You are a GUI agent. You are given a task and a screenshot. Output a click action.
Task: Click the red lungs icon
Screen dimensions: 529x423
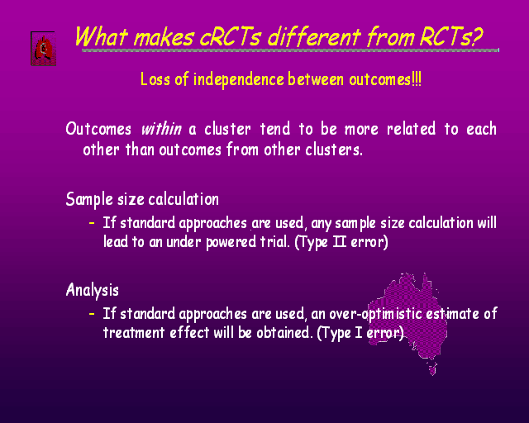(x=44, y=49)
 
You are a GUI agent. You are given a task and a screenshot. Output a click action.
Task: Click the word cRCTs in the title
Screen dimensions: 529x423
(x=230, y=36)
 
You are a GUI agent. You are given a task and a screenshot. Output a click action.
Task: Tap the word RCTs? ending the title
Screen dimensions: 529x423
(x=451, y=36)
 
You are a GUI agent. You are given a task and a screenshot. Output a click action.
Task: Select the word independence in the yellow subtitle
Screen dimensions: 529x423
(x=239, y=79)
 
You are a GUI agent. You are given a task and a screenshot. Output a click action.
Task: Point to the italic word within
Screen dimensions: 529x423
(x=161, y=129)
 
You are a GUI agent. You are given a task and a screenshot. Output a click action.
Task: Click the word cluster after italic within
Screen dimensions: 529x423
(x=227, y=129)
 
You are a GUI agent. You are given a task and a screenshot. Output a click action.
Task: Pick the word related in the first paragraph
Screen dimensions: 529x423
(x=411, y=129)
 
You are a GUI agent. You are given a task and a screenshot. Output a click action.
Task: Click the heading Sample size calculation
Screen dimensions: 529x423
(x=142, y=199)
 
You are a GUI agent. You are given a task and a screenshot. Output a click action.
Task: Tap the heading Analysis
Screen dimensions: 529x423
(x=93, y=290)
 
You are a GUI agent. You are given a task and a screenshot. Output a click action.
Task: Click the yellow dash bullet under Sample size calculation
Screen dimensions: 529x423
(x=92, y=223)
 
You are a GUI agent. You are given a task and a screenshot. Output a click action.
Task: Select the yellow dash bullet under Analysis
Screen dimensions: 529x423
(x=92, y=314)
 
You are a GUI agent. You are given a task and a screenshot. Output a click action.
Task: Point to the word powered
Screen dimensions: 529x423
(x=231, y=242)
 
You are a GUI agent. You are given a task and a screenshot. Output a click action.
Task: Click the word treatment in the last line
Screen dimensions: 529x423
(x=134, y=333)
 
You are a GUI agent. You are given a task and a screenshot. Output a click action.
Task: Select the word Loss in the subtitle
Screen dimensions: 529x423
(x=155, y=79)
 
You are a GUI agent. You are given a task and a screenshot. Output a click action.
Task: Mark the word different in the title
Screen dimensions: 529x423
(x=314, y=36)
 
